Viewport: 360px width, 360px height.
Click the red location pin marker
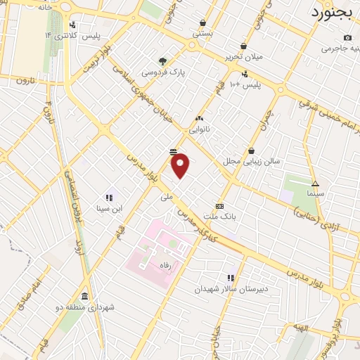181,165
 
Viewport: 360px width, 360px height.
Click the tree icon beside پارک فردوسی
163,61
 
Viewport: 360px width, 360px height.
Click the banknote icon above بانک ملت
220,206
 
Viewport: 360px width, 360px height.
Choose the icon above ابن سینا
109,198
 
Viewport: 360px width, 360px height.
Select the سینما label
315,193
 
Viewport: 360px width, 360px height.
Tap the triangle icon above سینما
315,183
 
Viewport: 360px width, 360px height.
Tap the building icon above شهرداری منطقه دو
85,296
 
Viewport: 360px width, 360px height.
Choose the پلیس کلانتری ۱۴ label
72,35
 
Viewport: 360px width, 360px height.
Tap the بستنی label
202,32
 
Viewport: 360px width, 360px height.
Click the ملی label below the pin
167,198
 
